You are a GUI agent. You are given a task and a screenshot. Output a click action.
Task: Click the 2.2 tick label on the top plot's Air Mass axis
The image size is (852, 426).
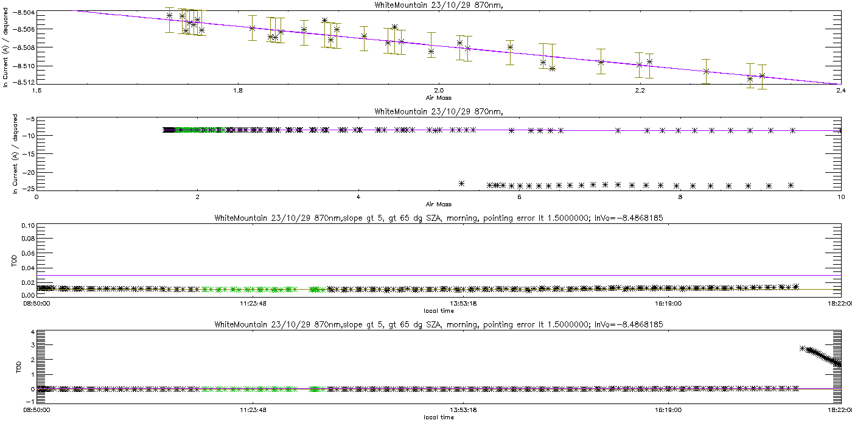coord(640,91)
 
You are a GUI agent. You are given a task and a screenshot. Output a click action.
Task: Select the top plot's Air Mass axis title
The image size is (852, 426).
coord(438,97)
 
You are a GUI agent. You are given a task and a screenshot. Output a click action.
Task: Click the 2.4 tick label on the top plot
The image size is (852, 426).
coord(840,91)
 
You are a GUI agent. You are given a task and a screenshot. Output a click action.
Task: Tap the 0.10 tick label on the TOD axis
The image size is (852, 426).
coord(28,226)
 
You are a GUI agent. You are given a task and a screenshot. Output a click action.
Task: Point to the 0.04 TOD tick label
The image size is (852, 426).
coord(28,268)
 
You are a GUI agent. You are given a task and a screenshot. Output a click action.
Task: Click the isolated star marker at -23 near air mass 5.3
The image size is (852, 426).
coord(461,183)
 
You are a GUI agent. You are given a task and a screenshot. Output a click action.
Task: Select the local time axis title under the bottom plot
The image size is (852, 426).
coord(438,417)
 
